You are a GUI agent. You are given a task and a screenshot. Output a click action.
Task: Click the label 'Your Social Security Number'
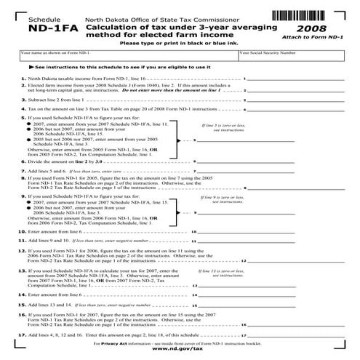[x=268, y=53]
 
